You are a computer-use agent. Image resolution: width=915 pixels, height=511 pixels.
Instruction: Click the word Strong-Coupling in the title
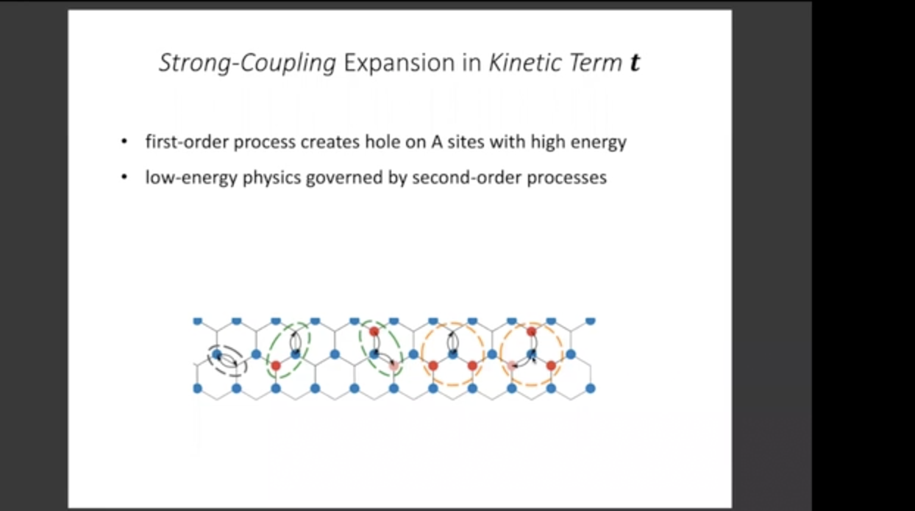pos(247,63)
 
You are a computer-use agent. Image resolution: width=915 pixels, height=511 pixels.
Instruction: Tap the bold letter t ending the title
pos(635,63)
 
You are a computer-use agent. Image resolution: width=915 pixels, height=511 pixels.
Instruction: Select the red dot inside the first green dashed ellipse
pos(276,365)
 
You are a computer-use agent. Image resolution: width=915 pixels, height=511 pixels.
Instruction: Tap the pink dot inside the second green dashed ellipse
pos(394,365)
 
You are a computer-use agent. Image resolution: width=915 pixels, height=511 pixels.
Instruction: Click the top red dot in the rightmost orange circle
pos(531,332)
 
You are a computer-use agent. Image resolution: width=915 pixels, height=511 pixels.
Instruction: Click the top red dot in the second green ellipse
pos(374,332)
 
